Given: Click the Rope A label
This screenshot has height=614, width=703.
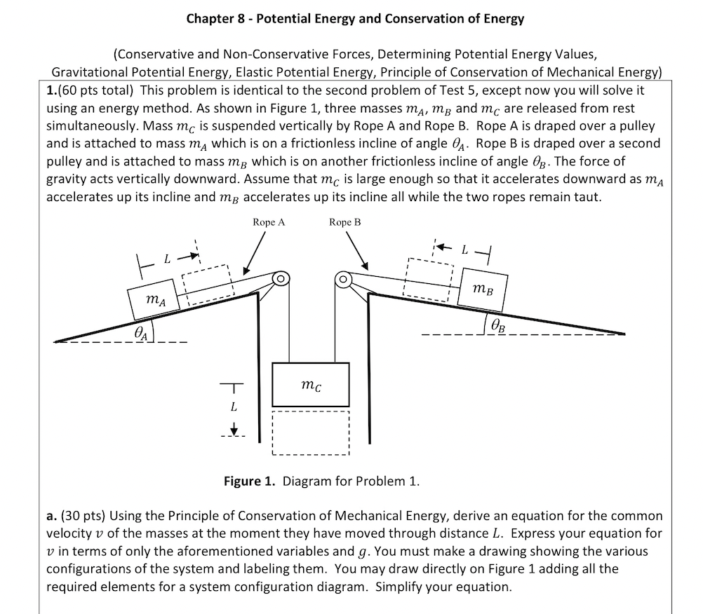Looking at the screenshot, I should (269, 222).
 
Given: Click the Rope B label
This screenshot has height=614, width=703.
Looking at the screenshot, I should (345, 222).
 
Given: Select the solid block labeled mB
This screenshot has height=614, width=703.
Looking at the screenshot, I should (483, 285).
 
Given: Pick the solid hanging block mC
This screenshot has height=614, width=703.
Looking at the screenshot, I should (310, 384).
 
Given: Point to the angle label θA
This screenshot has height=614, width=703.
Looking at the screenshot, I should (142, 334).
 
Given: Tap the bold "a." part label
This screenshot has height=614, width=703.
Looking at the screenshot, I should (51, 516).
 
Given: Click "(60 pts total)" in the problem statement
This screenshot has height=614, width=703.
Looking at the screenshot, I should (95, 91).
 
